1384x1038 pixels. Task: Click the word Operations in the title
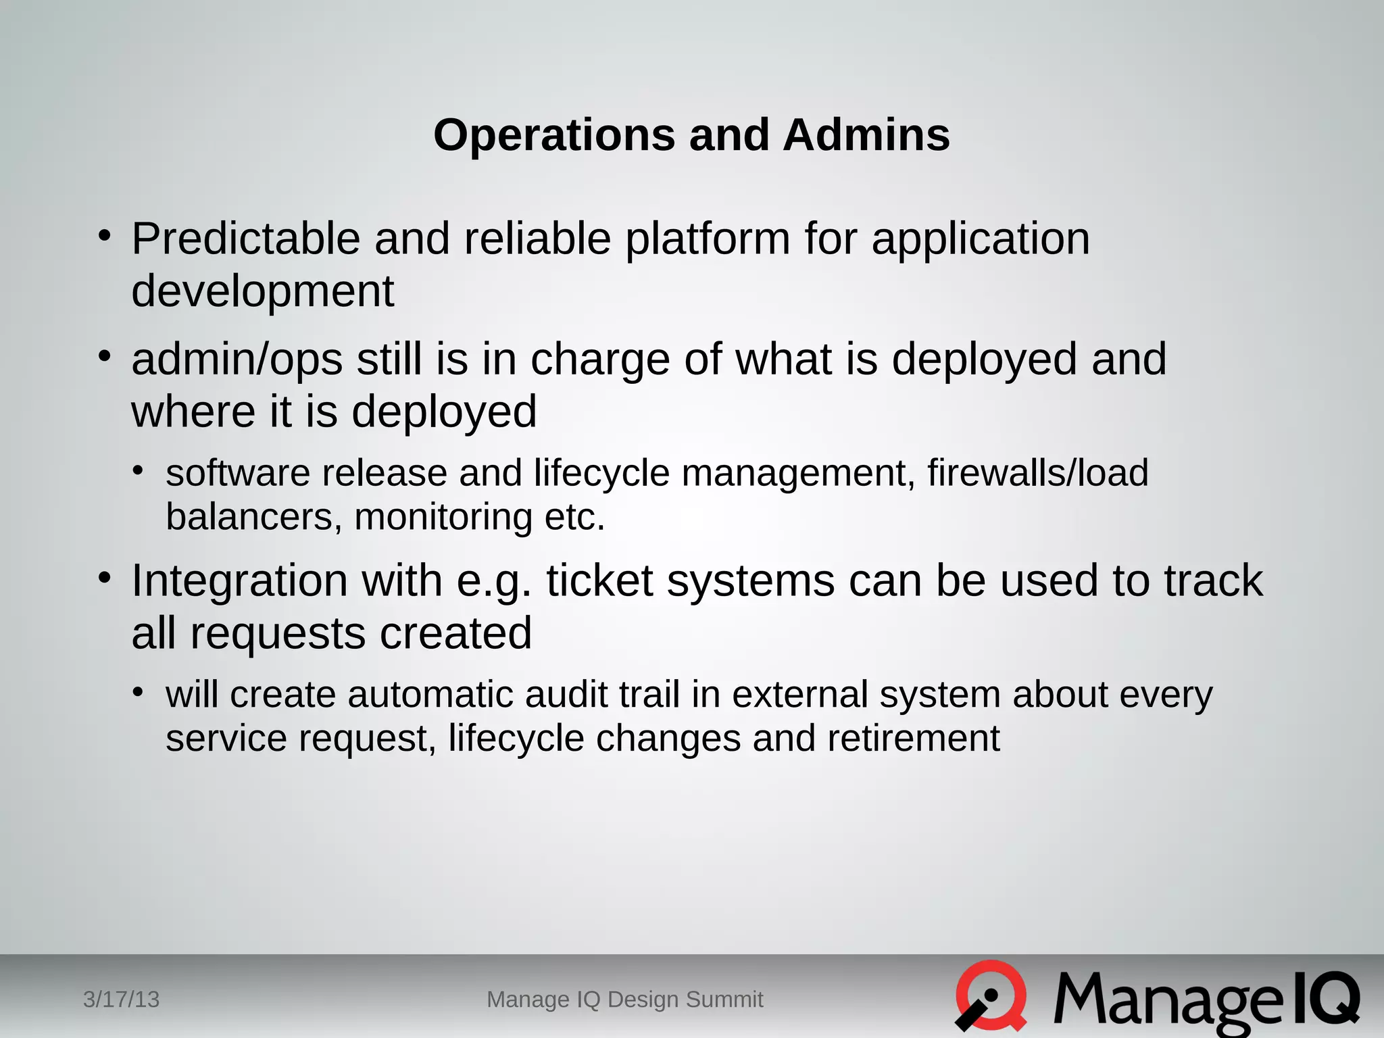pos(553,135)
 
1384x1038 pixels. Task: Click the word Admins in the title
pos(866,135)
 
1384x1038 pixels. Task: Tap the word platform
pos(707,240)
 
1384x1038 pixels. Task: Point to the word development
pos(262,291)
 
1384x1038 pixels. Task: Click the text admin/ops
pos(237,360)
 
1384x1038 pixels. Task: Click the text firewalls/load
pos(1037,472)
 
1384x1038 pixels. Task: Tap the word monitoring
pos(443,518)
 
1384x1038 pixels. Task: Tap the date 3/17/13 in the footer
pos(121,999)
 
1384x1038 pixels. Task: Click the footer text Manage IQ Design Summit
pos(624,999)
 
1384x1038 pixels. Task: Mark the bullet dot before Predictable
pos(104,237)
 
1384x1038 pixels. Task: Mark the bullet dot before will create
pos(138,692)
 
